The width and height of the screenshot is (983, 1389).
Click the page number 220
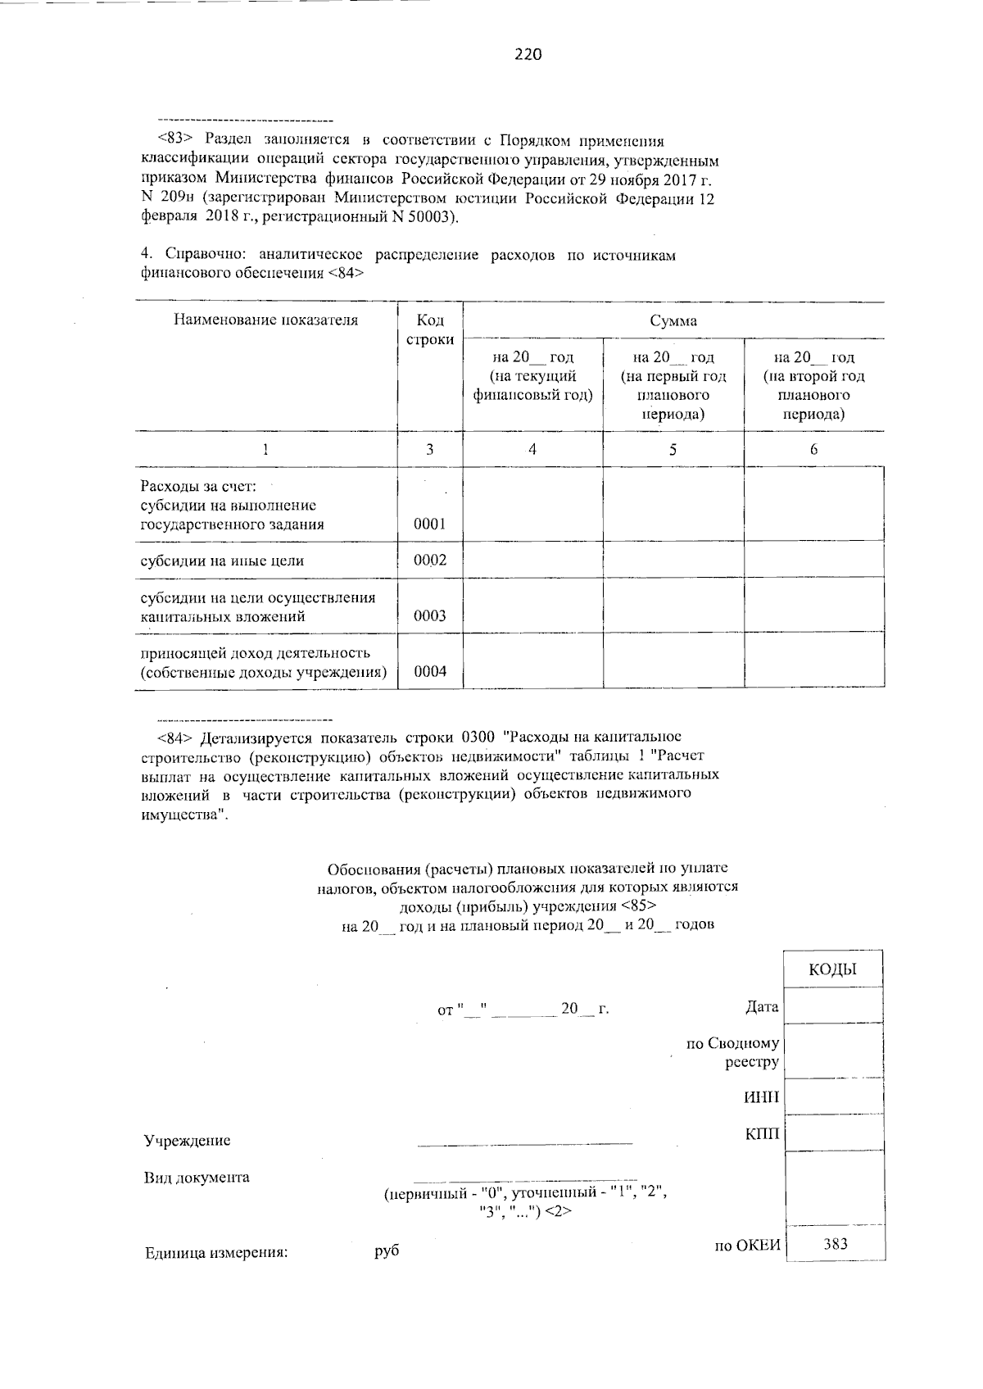click(528, 55)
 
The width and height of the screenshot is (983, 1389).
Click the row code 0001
click(429, 524)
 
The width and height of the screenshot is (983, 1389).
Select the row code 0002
click(429, 561)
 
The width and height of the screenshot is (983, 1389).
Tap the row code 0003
click(429, 616)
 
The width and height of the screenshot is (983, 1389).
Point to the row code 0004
click(429, 672)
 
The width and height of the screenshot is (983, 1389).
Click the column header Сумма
click(673, 320)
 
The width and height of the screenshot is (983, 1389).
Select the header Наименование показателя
click(265, 320)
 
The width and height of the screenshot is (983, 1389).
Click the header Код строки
click(429, 329)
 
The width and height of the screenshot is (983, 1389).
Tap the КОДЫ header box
click(832, 970)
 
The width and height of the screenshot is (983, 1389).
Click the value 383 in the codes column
click(835, 1244)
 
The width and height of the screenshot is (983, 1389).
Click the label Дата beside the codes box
click(761, 1006)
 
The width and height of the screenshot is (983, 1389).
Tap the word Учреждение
click(187, 1141)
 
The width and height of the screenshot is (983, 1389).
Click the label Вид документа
click(197, 1178)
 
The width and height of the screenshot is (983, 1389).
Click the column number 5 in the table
click(673, 449)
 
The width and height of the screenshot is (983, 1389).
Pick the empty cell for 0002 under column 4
click(532, 561)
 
